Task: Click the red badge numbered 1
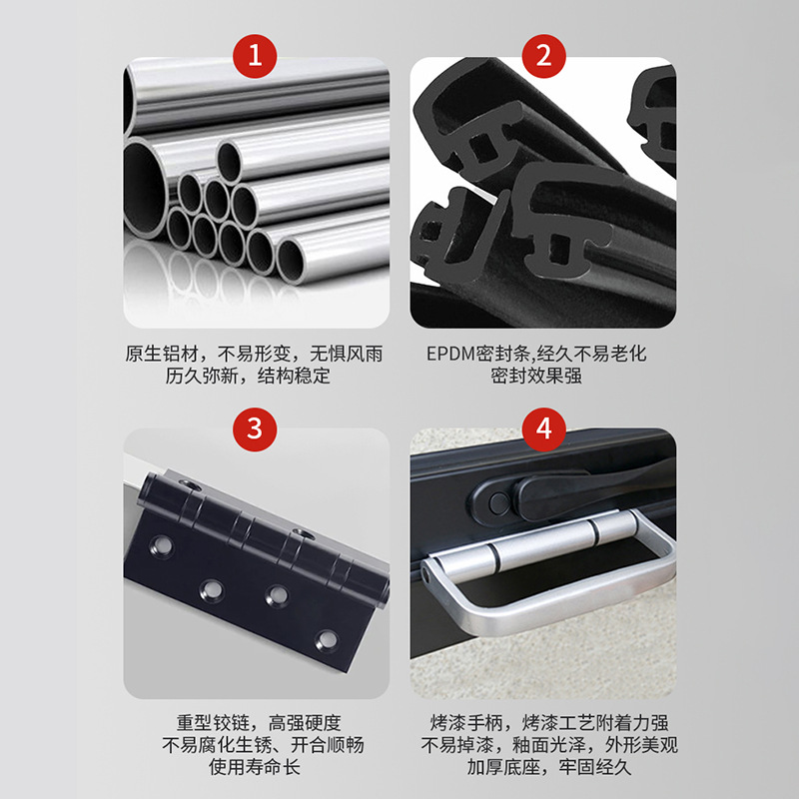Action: click(255, 57)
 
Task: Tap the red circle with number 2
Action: click(543, 57)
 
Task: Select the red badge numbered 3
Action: click(255, 429)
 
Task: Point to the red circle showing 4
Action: click(543, 429)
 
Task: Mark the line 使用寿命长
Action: click(255, 768)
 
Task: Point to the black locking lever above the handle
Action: click(499, 496)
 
